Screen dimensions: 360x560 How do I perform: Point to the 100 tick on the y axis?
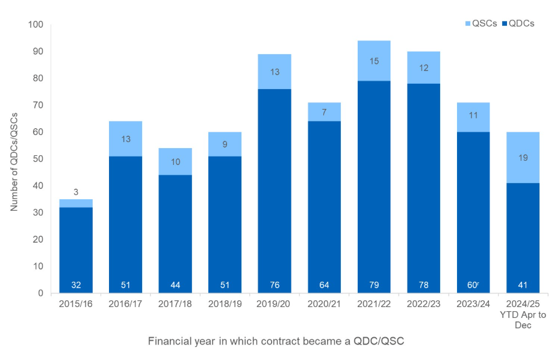(x=36, y=25)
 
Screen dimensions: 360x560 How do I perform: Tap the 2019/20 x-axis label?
(x=275, y=305)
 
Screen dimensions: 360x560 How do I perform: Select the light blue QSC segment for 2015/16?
(x=76, y=203)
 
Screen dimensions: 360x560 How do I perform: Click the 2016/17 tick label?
(x=126, y=305)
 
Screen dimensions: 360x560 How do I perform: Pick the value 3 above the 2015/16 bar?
(x=76, y=192)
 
